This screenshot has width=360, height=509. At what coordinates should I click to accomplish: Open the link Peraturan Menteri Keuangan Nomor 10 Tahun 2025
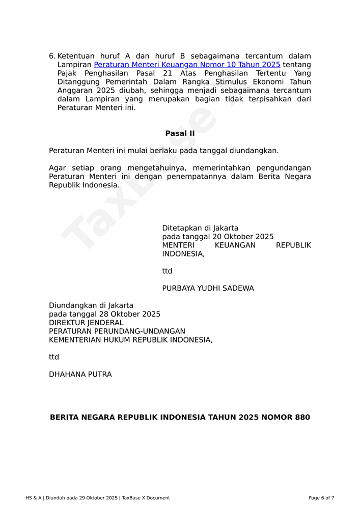coord(187,65)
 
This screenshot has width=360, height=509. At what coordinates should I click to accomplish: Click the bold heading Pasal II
coord(180,133)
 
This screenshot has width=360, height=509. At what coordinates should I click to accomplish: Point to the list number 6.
coord(51,56)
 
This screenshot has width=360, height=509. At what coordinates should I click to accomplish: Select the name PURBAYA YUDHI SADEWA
coord(208,288)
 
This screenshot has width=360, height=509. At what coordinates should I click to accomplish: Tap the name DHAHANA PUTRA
coord(80,374)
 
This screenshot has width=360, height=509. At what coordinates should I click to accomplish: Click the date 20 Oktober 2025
coord(243,237)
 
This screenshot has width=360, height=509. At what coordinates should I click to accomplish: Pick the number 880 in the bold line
coord(302,417)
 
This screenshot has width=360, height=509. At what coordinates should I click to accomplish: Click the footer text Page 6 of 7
coord(321,498)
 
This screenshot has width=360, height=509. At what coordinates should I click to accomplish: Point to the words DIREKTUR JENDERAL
coord(86,323)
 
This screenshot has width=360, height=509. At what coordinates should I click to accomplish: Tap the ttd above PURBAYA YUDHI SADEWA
coord(167,271)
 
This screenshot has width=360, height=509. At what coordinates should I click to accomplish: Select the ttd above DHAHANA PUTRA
coord(54,357)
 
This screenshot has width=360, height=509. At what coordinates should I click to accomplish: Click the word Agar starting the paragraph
coord(57,168)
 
